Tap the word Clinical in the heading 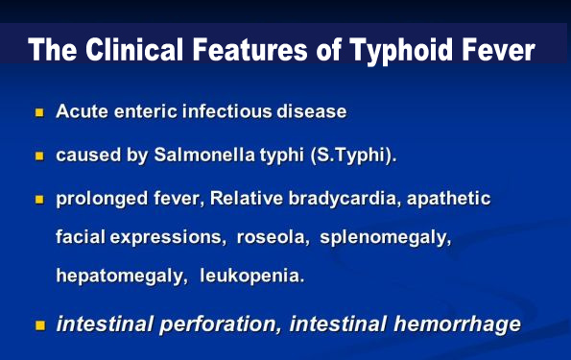pyautogui.click(x=134, y=49)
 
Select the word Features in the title pyautogui.click(x=250, y=50)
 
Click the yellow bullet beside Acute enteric pyautogui.click(x=39, y=112)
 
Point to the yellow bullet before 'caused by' pyautogui.click(x=39, y=156)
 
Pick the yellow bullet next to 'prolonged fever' pyautogui.click(x=39, y=200)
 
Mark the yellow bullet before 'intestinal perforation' pyautogui.click(x=40, y=324)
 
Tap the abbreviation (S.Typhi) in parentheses pyautogui.click(x=353, y=156)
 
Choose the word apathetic pyautogui.click(x=449, y=199)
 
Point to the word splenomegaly pyautogui.click(x=386, y=238)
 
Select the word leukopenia pyautogui.click(x=252, y=276)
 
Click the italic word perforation pyautogui.click(x=221, y=324)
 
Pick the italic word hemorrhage pyautogui.click(x=458, y=324)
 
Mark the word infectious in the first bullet pyautogui.click(x=227, y=111)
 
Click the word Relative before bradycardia pyautogui.click(x=247, y=199)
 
